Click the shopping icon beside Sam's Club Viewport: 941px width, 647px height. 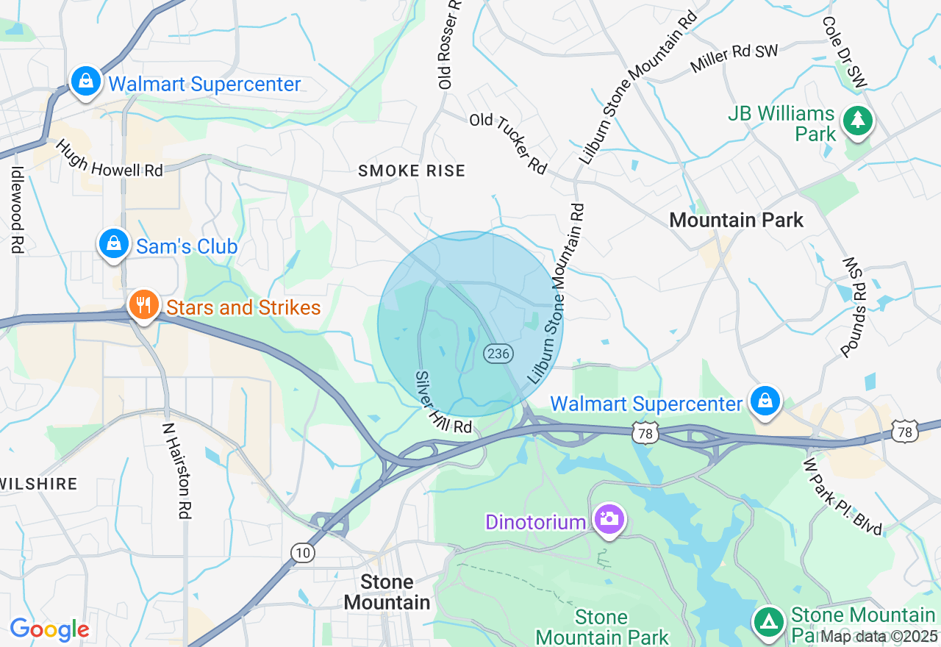114,243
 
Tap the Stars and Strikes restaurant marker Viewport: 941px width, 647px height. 143,304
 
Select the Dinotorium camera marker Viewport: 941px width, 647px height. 608,519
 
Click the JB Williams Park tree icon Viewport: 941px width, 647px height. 856,120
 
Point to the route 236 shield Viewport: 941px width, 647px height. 498,353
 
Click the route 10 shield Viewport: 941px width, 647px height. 301,553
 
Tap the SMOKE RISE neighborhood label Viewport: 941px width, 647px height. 412,171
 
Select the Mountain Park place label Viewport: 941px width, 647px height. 737,220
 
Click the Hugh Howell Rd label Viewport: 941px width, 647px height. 108,158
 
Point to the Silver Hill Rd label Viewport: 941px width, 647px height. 443,402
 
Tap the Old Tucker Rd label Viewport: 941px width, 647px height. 509,143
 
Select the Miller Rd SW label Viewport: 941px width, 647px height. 734,58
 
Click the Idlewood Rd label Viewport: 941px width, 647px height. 17,209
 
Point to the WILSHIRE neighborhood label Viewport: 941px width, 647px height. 38,484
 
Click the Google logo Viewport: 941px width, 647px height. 49,629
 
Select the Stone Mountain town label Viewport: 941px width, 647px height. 387,593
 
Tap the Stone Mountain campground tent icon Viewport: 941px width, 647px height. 769,622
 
